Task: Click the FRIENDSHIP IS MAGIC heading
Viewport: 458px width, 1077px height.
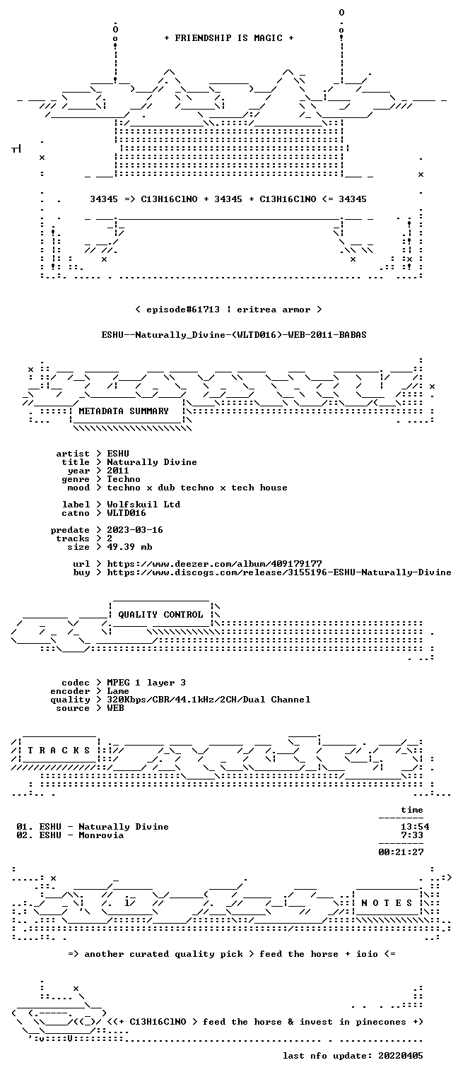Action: point(228,38)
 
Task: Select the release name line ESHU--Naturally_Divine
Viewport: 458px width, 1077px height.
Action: point(234,335)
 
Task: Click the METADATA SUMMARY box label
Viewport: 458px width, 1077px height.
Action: point(124,411)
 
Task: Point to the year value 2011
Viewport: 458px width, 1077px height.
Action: point(118,471)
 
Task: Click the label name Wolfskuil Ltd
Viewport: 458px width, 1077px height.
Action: point(143,505)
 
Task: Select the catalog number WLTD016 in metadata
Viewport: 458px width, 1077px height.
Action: point(127,513)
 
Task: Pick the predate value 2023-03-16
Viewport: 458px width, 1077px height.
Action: point(135,530)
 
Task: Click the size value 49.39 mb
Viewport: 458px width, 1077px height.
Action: point(129,547)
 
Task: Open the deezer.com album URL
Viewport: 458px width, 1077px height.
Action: point(215,563)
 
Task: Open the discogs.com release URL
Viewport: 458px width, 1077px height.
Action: point(279,572)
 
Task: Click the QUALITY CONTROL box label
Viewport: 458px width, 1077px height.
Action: point(160,614)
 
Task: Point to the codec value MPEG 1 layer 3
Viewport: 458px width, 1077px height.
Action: point(146,682)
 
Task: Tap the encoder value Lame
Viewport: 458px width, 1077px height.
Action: point(118,691)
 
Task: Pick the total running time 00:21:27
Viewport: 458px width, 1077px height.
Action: point(401,852)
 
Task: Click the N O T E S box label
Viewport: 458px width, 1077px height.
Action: point(387,903)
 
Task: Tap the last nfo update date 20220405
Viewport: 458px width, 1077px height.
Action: point(401,1055)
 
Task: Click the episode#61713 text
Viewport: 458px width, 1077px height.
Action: point(183,309)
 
